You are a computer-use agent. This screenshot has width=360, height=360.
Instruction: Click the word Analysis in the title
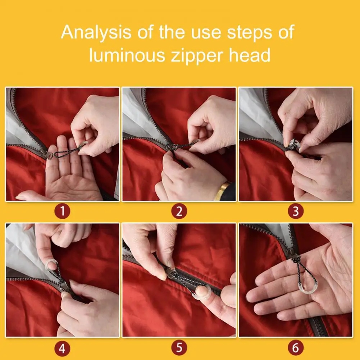[x=96, y=33]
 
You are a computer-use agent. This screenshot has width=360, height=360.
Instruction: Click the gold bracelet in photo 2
[x=222, y=190]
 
